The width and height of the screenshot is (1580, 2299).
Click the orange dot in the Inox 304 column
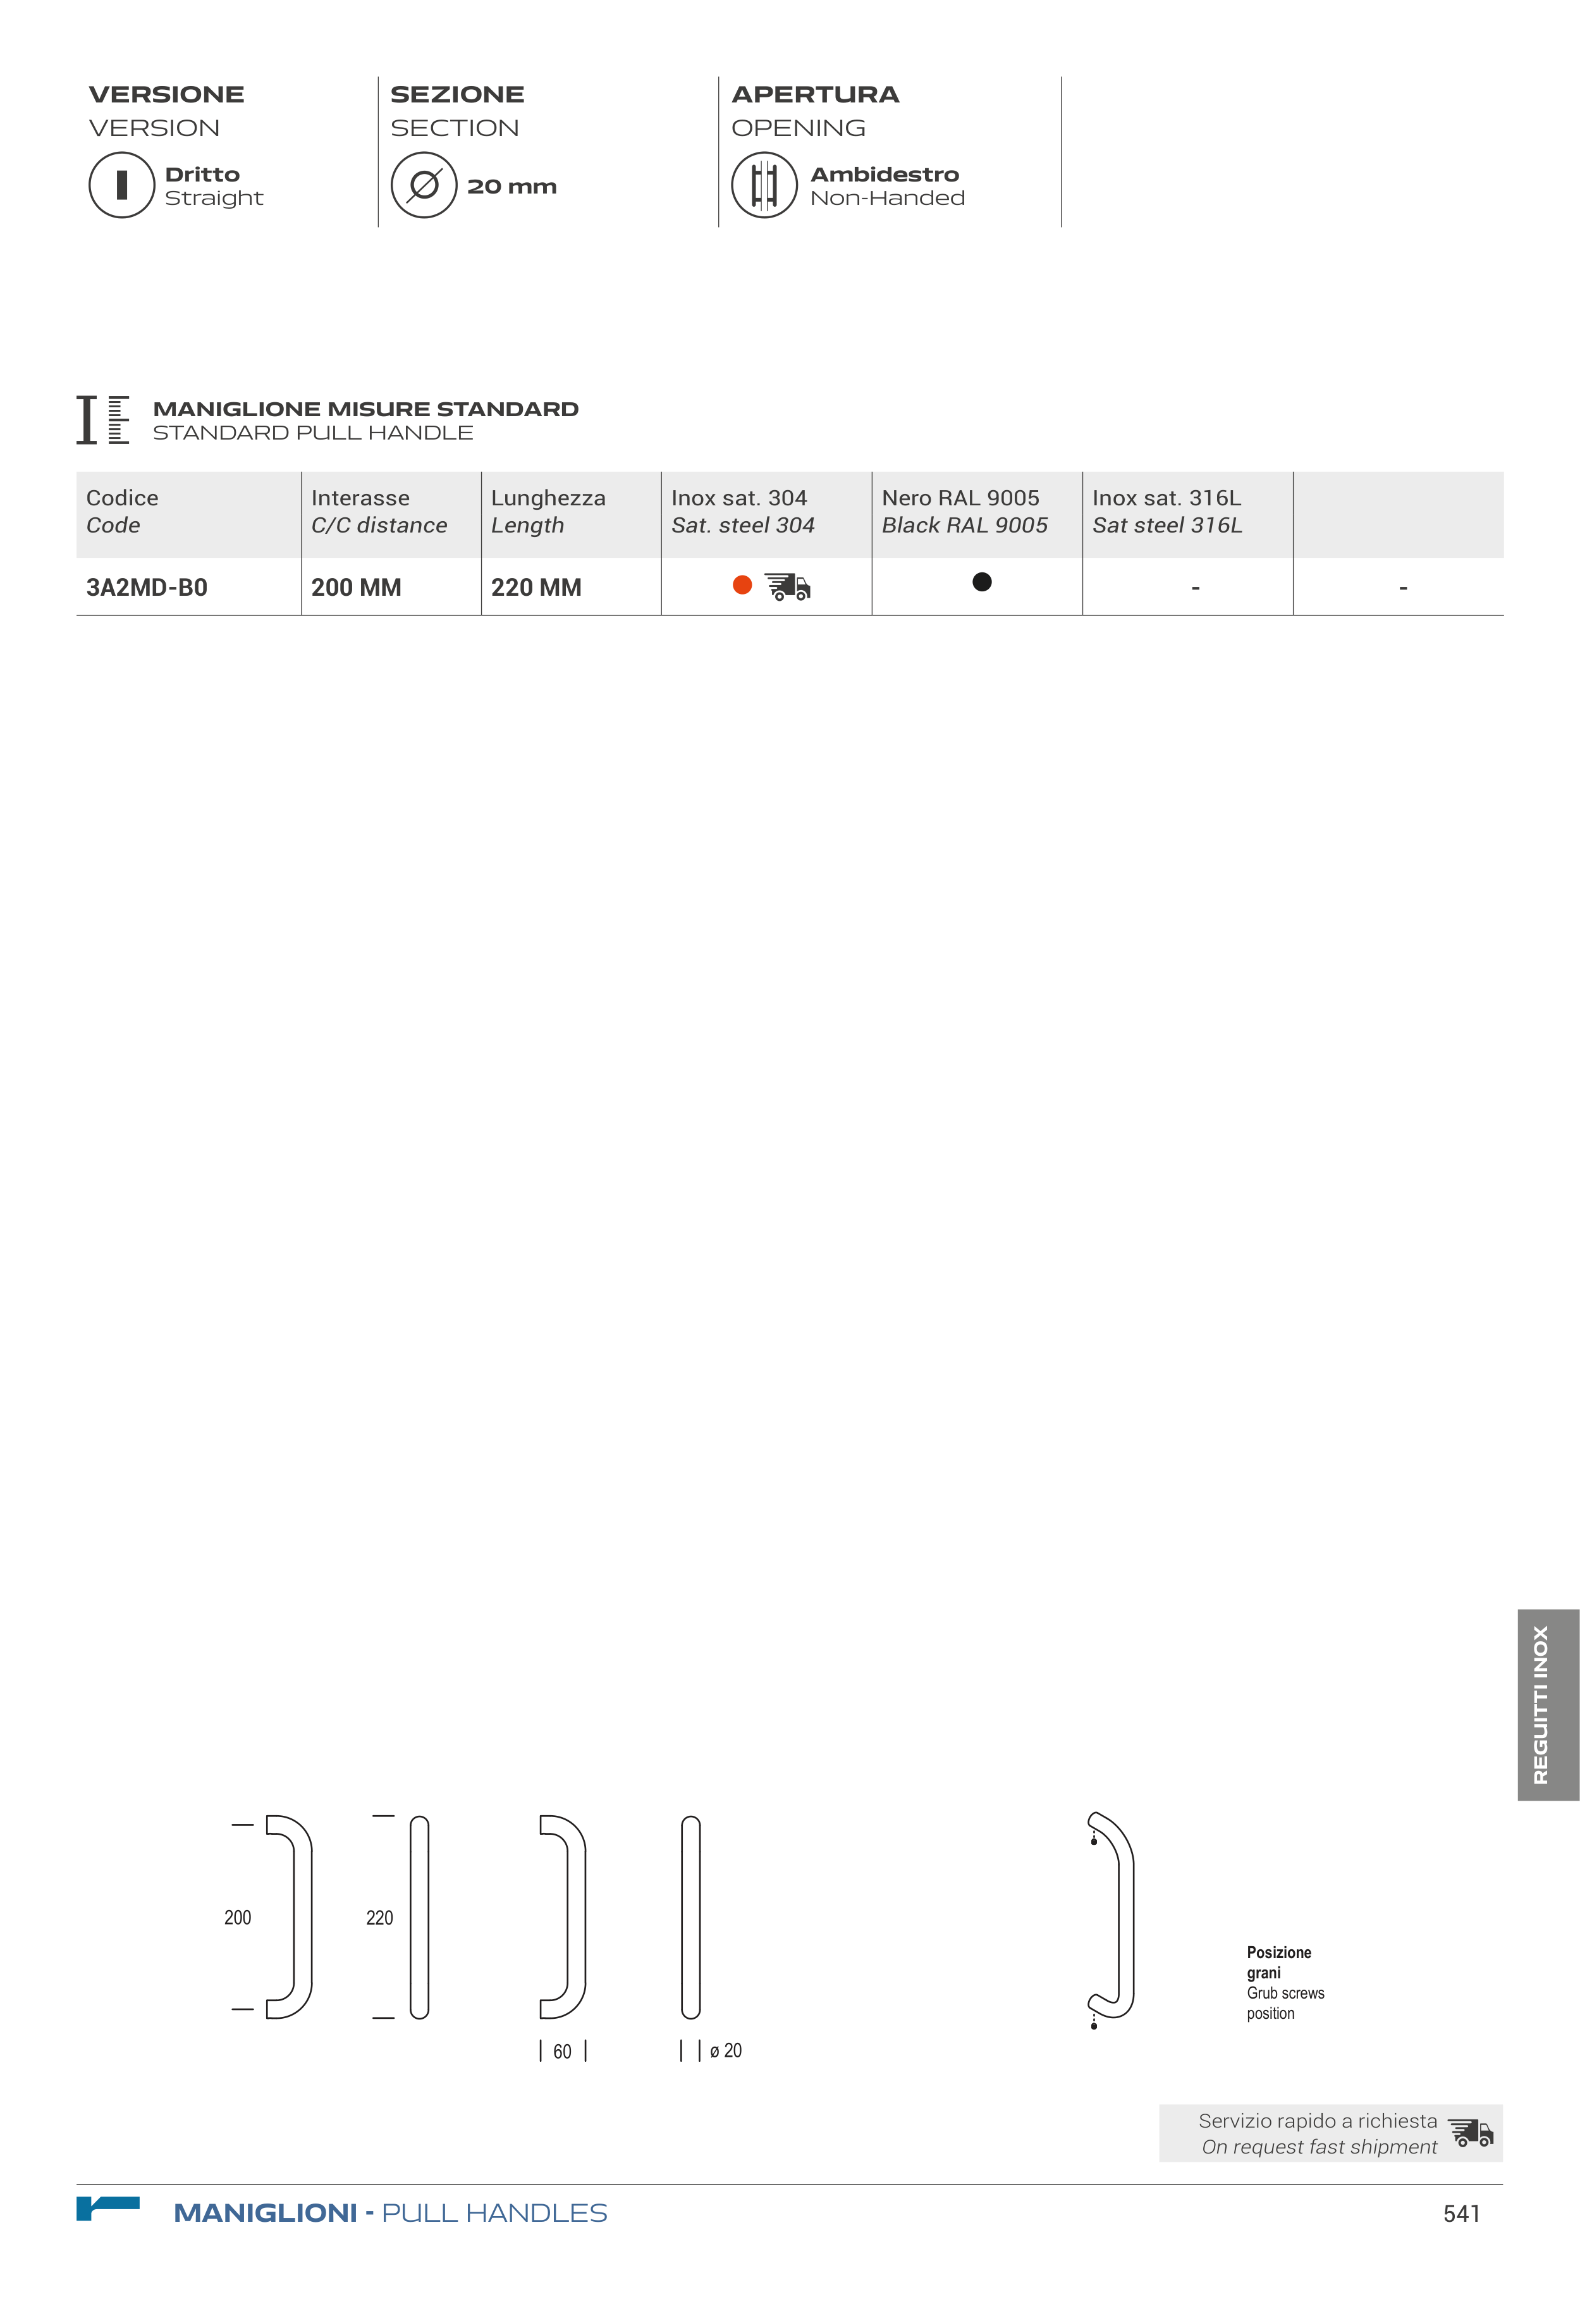pyautogui.click(x=742, y=585)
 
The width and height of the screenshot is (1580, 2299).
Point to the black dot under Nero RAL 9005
pyautogui.click(x=982, y=582)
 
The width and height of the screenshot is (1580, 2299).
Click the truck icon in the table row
pyautogui.click(x=788, y=587)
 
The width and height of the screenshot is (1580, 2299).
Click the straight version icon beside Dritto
pyautogui.click(x=122, y=185)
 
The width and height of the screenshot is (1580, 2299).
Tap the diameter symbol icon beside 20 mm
pyautogui.click(x=424, y=185)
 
